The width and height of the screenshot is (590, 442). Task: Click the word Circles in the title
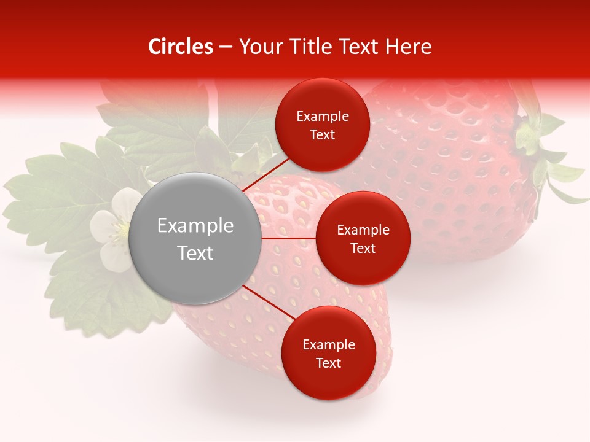coord(180,47)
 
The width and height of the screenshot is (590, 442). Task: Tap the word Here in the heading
coord(408,47)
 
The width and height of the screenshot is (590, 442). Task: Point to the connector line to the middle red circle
coord(289,238)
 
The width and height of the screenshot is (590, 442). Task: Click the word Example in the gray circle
coord(195,226)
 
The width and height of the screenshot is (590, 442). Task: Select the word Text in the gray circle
coord(195,253)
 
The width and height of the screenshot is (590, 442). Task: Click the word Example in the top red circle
coord(322,116)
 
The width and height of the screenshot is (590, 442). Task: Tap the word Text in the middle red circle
coord(363,248)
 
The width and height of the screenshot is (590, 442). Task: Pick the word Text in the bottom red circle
coord(328,363)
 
